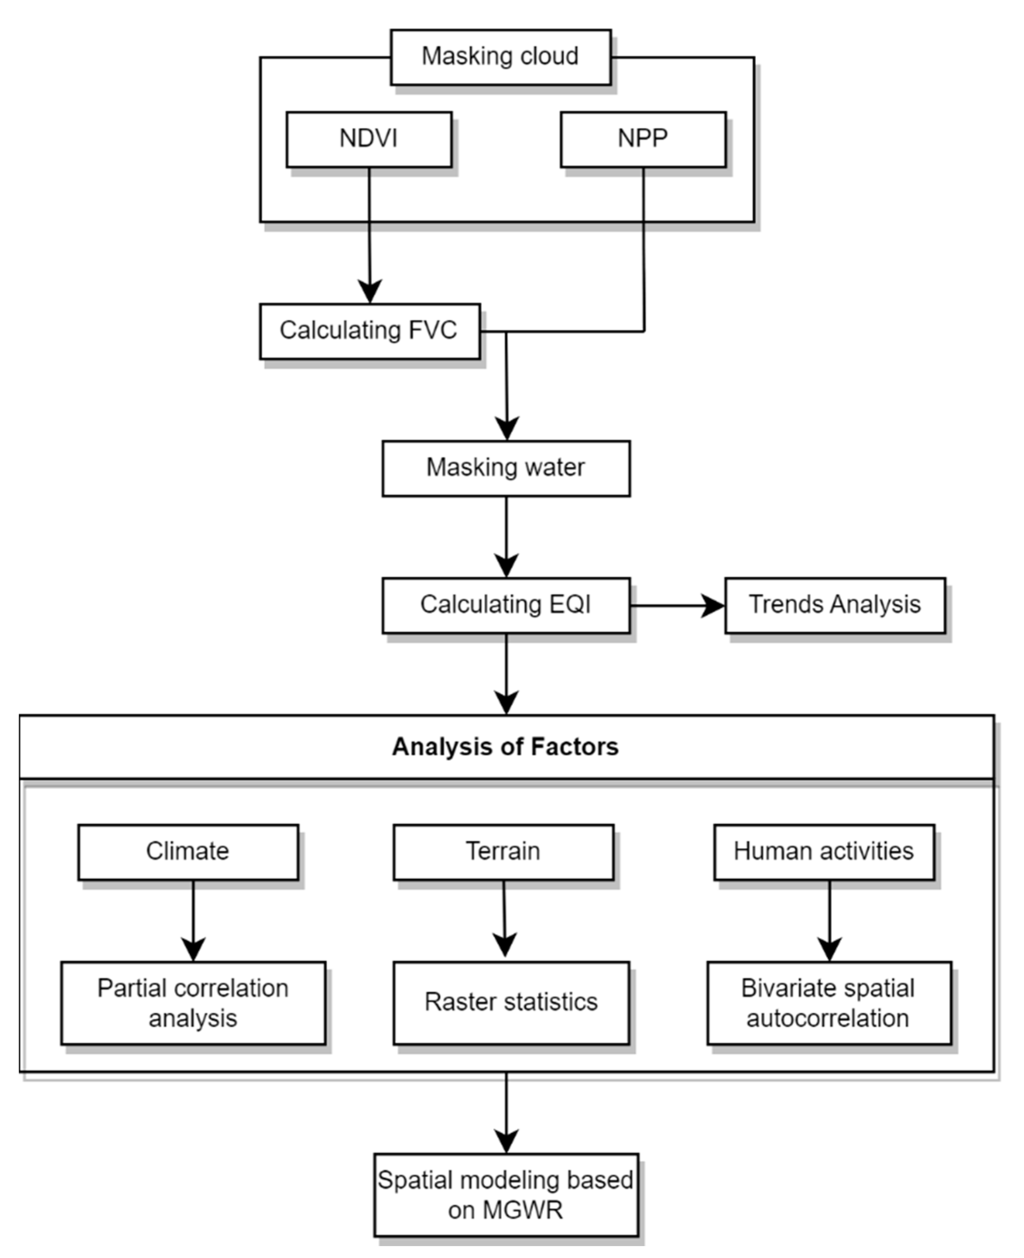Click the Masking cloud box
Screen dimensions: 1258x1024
click(500, 57)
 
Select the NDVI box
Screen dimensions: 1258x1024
click(369, 139)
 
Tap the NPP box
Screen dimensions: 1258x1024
click(643, 139)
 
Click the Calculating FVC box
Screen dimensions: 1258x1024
click(370, 331)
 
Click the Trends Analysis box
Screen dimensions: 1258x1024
click(835, 605)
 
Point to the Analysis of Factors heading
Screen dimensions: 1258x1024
click(505, 747)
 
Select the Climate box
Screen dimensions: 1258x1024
click(188, 852)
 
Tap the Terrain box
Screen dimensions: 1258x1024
click(503, 852)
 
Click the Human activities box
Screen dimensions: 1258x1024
click(823, 852)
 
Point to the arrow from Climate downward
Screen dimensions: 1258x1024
click(193, 920)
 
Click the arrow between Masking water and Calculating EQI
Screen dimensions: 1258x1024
click(506, 537)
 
